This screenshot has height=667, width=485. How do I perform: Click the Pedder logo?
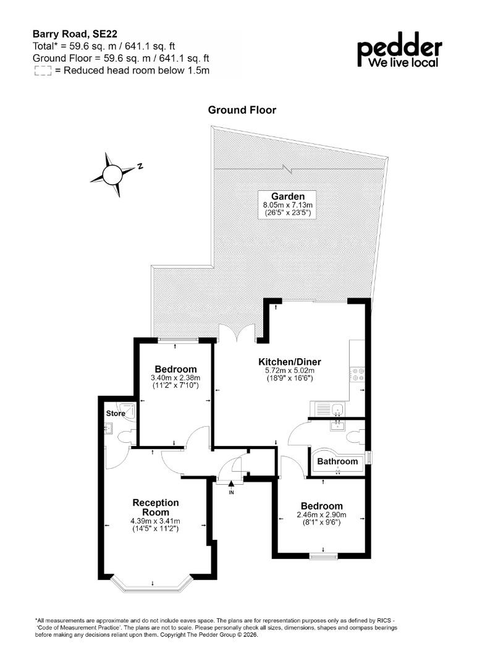(399, 50)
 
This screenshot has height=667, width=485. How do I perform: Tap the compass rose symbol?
(112, 174)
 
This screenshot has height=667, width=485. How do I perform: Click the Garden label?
(288, 196)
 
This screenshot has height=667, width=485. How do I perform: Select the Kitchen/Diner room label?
(290, 362)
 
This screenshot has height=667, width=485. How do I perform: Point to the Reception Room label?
(155, 508)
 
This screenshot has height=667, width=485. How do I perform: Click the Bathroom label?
(337, 461)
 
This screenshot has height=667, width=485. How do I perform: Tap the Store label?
(116, 413)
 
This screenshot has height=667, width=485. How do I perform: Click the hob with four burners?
(357, 374)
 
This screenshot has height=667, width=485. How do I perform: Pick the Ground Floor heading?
(242, 110)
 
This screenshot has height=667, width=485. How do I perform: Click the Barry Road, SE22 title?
(75, 34)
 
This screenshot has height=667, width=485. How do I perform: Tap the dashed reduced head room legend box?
(43, 70)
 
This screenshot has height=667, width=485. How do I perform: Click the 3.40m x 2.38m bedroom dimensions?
(175, 377)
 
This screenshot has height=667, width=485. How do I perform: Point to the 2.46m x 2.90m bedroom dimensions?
(322, 514)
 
